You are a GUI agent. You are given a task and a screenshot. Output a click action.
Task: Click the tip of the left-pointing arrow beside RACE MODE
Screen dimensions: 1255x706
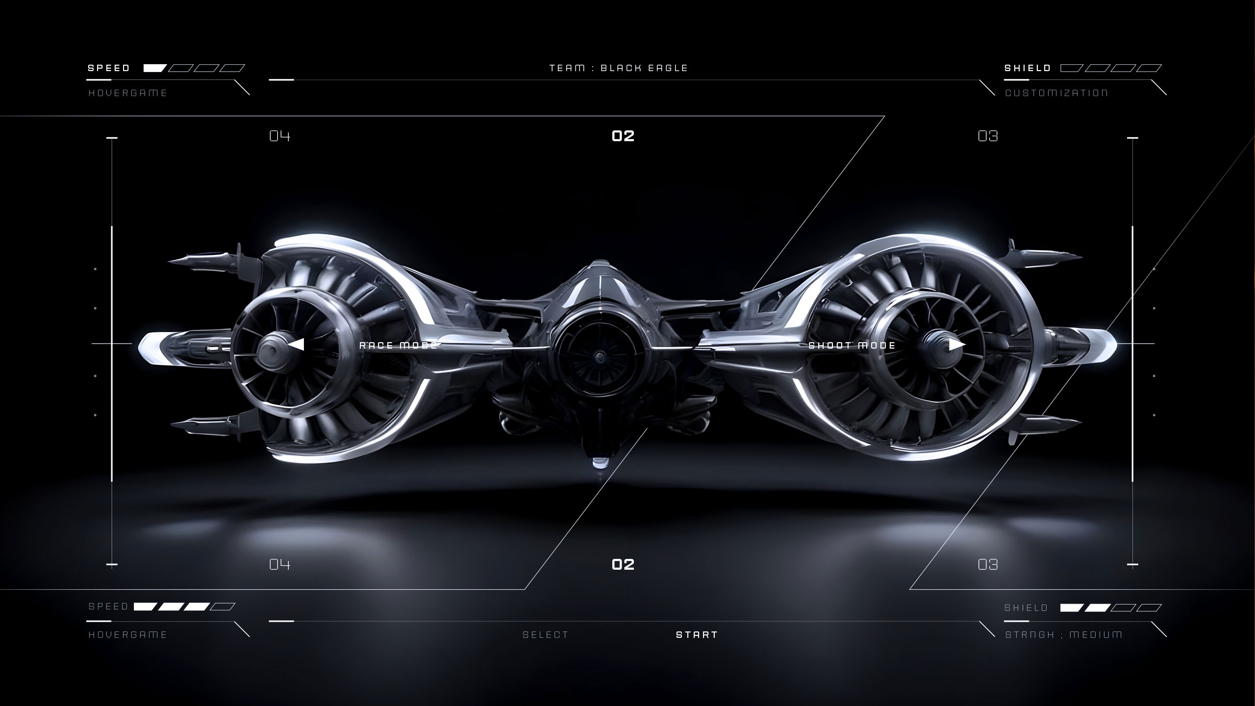[288, 345]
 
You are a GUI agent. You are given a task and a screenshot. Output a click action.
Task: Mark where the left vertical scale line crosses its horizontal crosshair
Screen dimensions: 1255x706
[112, 344]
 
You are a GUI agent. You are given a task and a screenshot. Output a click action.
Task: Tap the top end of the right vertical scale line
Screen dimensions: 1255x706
[1132, 138]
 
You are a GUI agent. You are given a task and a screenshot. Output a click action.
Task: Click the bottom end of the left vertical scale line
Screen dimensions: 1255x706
[112, 565]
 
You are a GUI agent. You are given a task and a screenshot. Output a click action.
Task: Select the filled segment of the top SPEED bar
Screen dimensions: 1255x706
[155, 68]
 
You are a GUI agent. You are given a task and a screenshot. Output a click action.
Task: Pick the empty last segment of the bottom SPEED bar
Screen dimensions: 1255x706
[223, 607]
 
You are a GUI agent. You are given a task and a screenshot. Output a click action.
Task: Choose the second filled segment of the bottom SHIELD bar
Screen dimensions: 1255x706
[1097, 608]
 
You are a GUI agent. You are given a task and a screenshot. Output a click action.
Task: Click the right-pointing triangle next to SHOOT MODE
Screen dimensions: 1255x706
[957, 345]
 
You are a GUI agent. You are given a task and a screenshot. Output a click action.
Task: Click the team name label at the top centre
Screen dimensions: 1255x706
[619, 68]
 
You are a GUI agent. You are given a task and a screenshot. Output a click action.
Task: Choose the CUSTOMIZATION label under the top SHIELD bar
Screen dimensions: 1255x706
[1056, 93]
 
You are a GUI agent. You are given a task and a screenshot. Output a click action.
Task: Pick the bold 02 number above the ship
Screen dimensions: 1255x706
[623, 136]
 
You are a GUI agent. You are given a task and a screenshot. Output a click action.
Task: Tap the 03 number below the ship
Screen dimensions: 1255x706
[988, 565]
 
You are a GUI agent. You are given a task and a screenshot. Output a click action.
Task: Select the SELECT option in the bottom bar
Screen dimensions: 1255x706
[546, 635]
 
